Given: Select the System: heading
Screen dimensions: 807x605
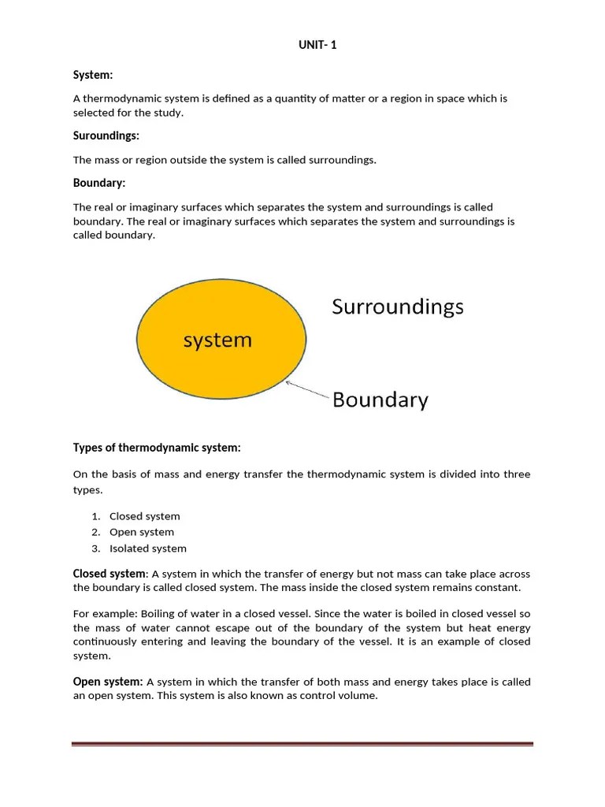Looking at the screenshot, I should [93, 75].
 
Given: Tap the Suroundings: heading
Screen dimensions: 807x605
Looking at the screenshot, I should [106, 136].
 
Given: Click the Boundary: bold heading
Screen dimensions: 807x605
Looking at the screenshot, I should [99, 184].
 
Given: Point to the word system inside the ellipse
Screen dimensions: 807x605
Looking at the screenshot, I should [217, 340].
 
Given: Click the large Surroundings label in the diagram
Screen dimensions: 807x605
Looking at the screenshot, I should [398, 306].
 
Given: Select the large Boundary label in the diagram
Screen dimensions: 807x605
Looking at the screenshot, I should [380, 400].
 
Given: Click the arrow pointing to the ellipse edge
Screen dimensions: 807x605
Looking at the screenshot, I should [306, 390].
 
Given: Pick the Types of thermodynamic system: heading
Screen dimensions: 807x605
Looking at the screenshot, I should [157, 448].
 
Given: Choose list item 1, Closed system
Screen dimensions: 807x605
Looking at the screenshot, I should [144, 516].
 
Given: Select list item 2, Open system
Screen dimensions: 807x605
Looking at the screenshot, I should [142, 532].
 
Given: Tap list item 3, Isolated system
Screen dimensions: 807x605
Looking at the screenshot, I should [148, 549].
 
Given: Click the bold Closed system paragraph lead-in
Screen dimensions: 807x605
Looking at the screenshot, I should [109, 573].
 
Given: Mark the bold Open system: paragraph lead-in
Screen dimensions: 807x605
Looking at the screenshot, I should [108, 681].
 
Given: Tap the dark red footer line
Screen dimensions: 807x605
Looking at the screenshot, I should [302, 743].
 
